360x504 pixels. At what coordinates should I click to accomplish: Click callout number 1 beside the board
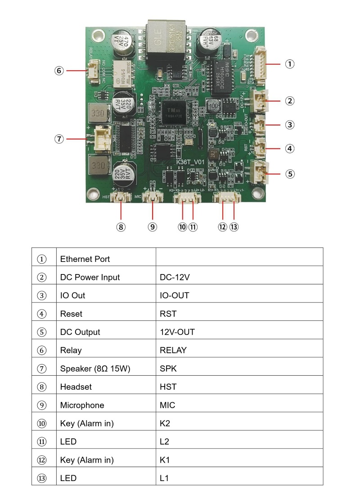coord(290,64)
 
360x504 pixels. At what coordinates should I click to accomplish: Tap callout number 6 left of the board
coord(59,71)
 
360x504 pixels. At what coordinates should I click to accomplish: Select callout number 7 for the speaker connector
coord(59,139)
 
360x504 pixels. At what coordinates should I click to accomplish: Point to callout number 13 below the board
coord(234,227)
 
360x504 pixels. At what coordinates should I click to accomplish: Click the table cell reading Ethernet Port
coord(85,259)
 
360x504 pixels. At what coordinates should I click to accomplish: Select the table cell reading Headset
coord(76,387)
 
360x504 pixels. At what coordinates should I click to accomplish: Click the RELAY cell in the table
coord(173,350)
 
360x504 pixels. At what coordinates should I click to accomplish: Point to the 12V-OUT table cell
coord(177,332)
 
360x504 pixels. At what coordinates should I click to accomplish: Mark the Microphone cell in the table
coord(82,405)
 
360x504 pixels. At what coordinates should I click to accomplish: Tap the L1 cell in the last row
coord(164,478)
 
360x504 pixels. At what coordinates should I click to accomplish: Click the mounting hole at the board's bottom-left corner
coord(93,194)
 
